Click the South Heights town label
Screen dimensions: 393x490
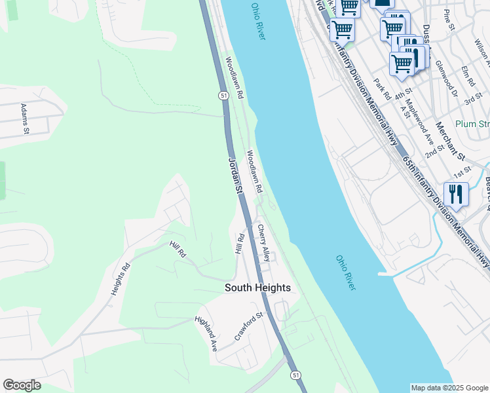[x=257, y=288]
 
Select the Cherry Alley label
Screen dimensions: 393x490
[x=263, y=244]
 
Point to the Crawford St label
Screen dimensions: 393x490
[x=248, y=326]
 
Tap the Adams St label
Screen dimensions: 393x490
[x=25, y=119]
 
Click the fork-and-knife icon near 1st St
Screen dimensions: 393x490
[x=455, y=194]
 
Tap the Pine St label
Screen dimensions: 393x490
[x=449, y=20]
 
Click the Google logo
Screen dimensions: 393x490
[x=22, y=385]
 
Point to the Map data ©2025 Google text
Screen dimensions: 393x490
[x=449, y=388]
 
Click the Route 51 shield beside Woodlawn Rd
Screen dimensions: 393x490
[x=223, y=96]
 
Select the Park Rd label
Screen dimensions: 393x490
[x=382, y=89]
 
